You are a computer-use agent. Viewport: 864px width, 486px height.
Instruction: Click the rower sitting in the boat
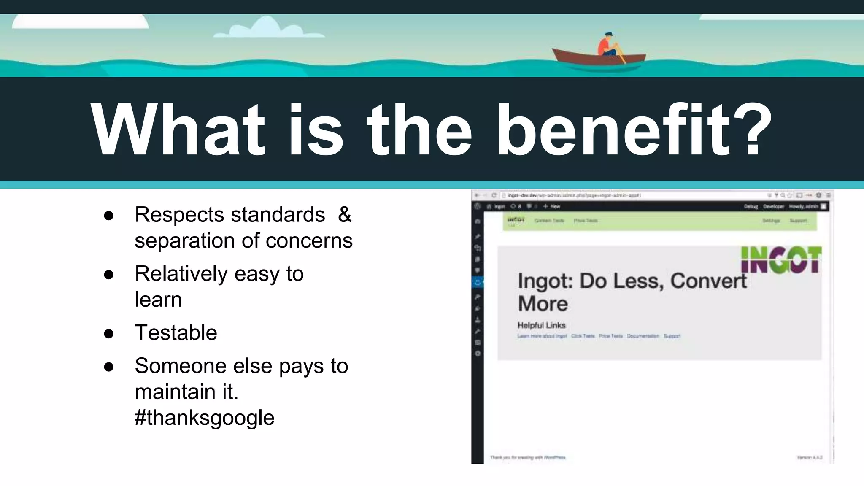click(x=607, y=44)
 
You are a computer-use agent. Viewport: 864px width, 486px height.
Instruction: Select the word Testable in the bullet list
click(x=175, y=332)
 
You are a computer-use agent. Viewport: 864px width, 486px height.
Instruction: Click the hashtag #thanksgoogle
click(x=204, y=418)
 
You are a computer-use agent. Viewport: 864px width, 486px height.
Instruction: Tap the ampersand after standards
click(x=344, y=214)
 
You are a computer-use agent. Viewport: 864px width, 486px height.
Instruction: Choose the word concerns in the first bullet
click(x=309, y=240)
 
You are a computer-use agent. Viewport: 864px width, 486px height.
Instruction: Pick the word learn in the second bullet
click(x=158, y=300)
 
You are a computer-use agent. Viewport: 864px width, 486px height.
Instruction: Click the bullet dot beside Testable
click(x=109, y=334)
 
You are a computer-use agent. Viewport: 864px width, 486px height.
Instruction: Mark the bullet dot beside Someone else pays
click(x=109, y=367)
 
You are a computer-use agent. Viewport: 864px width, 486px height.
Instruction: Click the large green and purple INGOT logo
click(x=780, y=259)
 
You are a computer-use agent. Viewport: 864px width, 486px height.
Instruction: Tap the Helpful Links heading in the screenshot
click(x=541, y=325)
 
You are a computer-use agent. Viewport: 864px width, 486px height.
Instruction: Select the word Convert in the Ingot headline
click(x=708, y=281)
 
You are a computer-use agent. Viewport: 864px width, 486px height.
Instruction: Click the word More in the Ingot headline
click(x=543, y=304)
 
